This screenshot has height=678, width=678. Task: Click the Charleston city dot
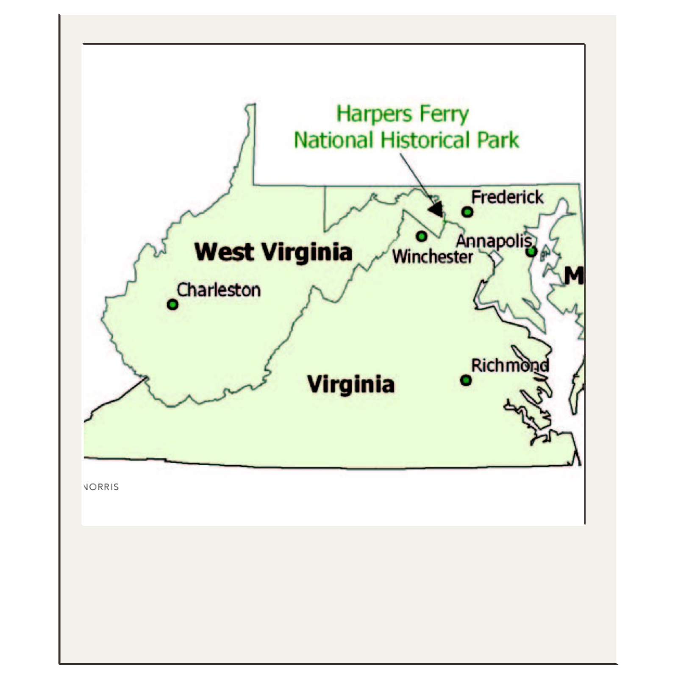point(172,304)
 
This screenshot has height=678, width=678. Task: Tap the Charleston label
point(219,290)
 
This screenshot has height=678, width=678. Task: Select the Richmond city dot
point(466,380)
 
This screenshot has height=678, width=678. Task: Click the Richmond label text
point(510,365)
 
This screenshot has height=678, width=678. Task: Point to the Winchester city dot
point(421,236)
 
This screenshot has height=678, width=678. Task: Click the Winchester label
point(432,257)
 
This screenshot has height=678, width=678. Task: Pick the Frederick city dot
point(467,211)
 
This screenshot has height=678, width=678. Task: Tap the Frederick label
point(507,197)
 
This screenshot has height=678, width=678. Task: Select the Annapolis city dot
point(531,252)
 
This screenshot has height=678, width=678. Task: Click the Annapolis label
point(494,241)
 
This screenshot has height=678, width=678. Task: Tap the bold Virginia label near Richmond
point(351,384)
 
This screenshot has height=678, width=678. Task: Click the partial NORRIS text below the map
point(101,487)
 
